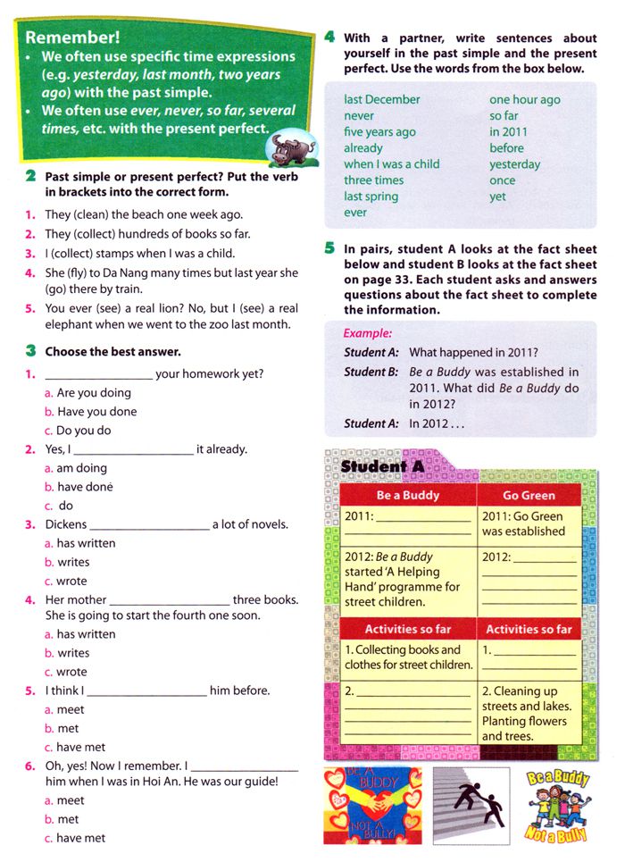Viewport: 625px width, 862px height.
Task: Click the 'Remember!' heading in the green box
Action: click(72, 38)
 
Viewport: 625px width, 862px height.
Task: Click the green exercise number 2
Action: click(31, 177)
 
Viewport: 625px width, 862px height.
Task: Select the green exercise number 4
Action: click(329, 38)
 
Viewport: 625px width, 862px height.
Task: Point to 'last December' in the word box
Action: click(381, 99)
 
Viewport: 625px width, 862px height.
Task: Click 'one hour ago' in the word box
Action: click(524, 99)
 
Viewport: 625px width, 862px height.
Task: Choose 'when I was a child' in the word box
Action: click(391, 163)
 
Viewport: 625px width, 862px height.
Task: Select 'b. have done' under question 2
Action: click(90, 487)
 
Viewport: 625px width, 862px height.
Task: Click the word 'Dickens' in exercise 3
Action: click(65, 524)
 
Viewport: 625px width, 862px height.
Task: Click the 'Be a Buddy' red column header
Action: click(407, 495)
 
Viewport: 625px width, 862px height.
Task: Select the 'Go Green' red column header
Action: click(529, 495)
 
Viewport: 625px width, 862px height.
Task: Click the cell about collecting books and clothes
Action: click(407, 657)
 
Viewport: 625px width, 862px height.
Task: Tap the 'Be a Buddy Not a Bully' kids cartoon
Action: click(558, 804)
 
